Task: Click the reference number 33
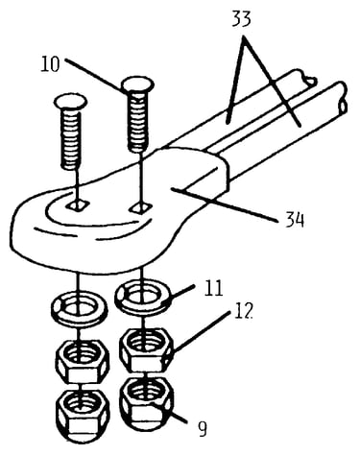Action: click(x=241, y=19)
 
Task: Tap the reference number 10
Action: click(x=50, y=64)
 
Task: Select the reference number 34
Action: click(x=295, y=220)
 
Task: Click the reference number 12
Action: click(x=243, y=310)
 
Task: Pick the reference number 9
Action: click(x=203, y=429)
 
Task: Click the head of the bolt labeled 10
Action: click(x=137, y=84)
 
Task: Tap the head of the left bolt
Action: click(x=71, y=102)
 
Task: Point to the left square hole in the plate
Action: click(x=77, y=205)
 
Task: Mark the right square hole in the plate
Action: click(x=140, y=207)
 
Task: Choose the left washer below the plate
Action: click(x=79, y=308)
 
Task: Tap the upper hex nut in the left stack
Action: click(x=83, y=362)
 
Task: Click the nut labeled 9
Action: click(x=147, y=404)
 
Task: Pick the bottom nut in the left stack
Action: click(x=83, y=416)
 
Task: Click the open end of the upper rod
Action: click(x=310, y=81)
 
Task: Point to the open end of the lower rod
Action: click(x=342, y=99)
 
